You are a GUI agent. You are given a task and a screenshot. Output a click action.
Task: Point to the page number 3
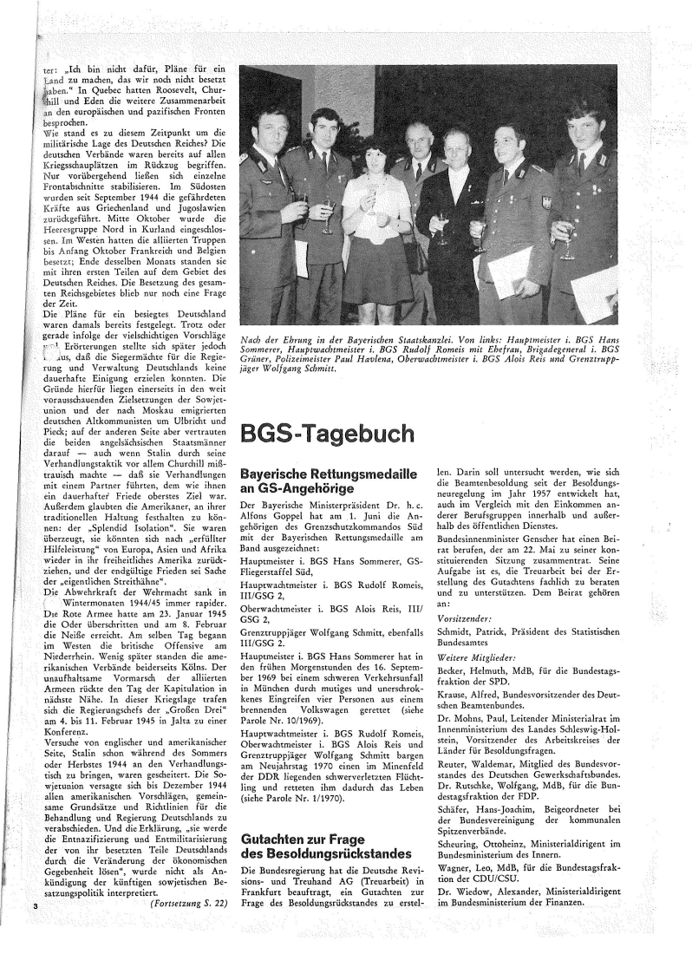click(34, 930)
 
